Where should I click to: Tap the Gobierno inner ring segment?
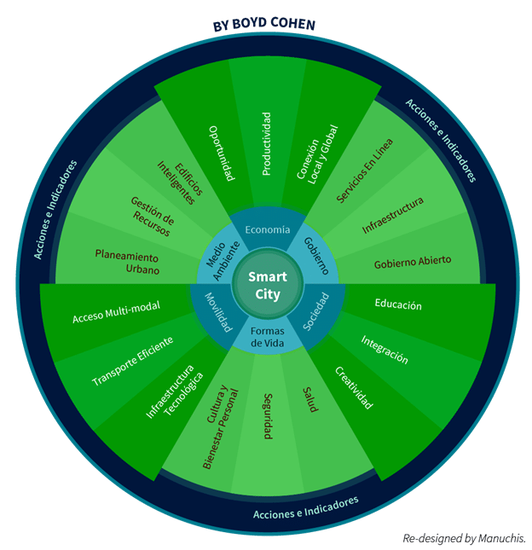pyautogui.click(x=315, y=254)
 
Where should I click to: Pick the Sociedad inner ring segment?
pyautogui.click(x=316, y=313)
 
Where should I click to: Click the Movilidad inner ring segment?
pyautogui.click(x=218, y=313)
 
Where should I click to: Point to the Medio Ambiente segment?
pyautogui.click(x=218, y=254)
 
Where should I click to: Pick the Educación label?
pyautogui.click(x=398, y=305)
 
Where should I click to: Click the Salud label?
pyautogui.click(x=310, y=400)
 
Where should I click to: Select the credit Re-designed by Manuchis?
pyautogui.click(x=465, y=537)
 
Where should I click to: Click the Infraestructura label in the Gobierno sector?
pyautogui.click(x=392, y=215)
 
